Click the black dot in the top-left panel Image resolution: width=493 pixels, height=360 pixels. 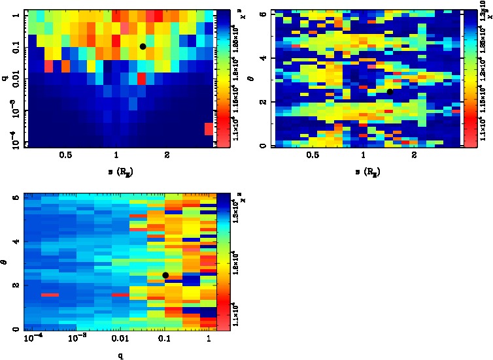(x=143, y=46)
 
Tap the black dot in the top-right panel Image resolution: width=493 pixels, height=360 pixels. (x=390, y=91)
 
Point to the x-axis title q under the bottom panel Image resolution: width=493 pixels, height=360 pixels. (x=122, y=355)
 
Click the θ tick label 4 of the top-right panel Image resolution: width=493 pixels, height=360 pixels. (x=263, y=58)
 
